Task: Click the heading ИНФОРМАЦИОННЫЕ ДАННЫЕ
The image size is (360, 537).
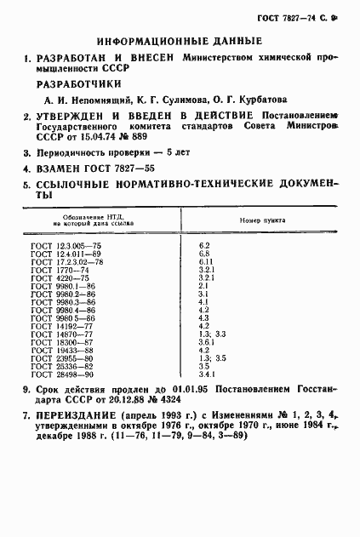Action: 179,40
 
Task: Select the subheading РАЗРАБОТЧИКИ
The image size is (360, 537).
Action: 78,83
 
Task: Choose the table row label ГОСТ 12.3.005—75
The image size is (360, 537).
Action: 64,245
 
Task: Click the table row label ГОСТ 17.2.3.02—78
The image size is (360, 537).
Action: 66,261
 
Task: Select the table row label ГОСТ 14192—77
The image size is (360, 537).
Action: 61,325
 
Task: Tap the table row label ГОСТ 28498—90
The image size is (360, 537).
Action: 61,374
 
